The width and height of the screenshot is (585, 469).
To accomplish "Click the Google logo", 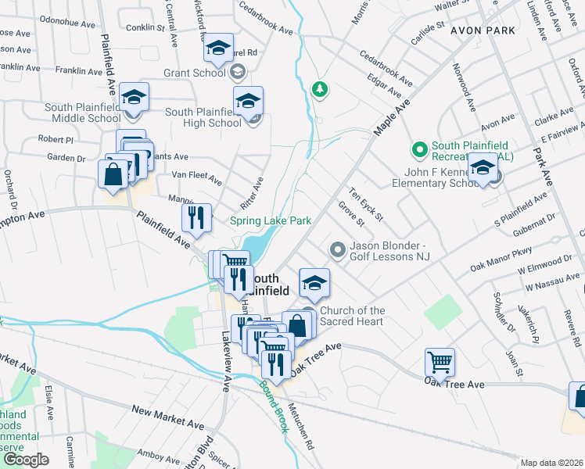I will pos(25,460).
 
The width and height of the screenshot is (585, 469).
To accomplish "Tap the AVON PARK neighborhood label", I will pos(482,30).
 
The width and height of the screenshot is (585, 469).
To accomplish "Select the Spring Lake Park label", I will pos(271,221).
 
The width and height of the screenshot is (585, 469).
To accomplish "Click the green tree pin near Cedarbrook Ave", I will pos(319,89).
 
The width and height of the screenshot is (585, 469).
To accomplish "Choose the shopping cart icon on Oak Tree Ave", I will pos(440,362).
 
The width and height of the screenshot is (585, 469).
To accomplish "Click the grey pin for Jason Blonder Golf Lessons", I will pos(337,250).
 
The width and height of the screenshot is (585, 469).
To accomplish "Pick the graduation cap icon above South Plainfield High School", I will pos(248,101).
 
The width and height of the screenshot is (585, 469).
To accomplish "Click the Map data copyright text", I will pos(552,463).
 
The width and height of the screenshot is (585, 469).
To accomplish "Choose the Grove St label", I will pos(352,213).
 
